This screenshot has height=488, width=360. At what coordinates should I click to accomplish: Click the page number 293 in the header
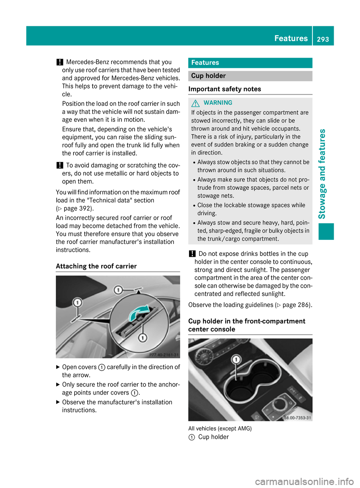point(322,39)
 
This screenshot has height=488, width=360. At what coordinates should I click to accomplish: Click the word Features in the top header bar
point(291,38)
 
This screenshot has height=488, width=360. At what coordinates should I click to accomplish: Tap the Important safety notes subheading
point(225,89)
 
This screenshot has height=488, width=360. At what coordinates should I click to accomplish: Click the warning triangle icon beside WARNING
point(195,103)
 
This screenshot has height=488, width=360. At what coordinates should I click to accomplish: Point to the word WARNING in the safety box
point(218,103)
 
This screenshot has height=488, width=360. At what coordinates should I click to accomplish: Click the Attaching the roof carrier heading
point(96,266)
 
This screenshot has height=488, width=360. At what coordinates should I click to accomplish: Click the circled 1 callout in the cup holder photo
point(236,360)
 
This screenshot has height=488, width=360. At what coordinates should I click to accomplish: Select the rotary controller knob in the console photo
point(279,404)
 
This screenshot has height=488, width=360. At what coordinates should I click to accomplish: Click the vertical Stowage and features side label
point(322,174)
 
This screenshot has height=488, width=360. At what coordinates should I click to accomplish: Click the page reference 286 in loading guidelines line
point(296,305)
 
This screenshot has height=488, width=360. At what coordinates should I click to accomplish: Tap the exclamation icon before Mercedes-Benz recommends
point(59,62)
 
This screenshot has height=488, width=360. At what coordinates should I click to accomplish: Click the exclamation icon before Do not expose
point(192,254)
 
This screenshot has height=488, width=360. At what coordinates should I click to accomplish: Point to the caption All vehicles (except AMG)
point(220,428)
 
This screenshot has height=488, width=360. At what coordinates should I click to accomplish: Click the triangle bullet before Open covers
point(58,367)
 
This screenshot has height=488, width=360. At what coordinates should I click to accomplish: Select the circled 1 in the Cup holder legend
point(192,437)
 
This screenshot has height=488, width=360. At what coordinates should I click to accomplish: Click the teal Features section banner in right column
point(250,63)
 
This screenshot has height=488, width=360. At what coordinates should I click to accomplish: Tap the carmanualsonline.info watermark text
point(304,481)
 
